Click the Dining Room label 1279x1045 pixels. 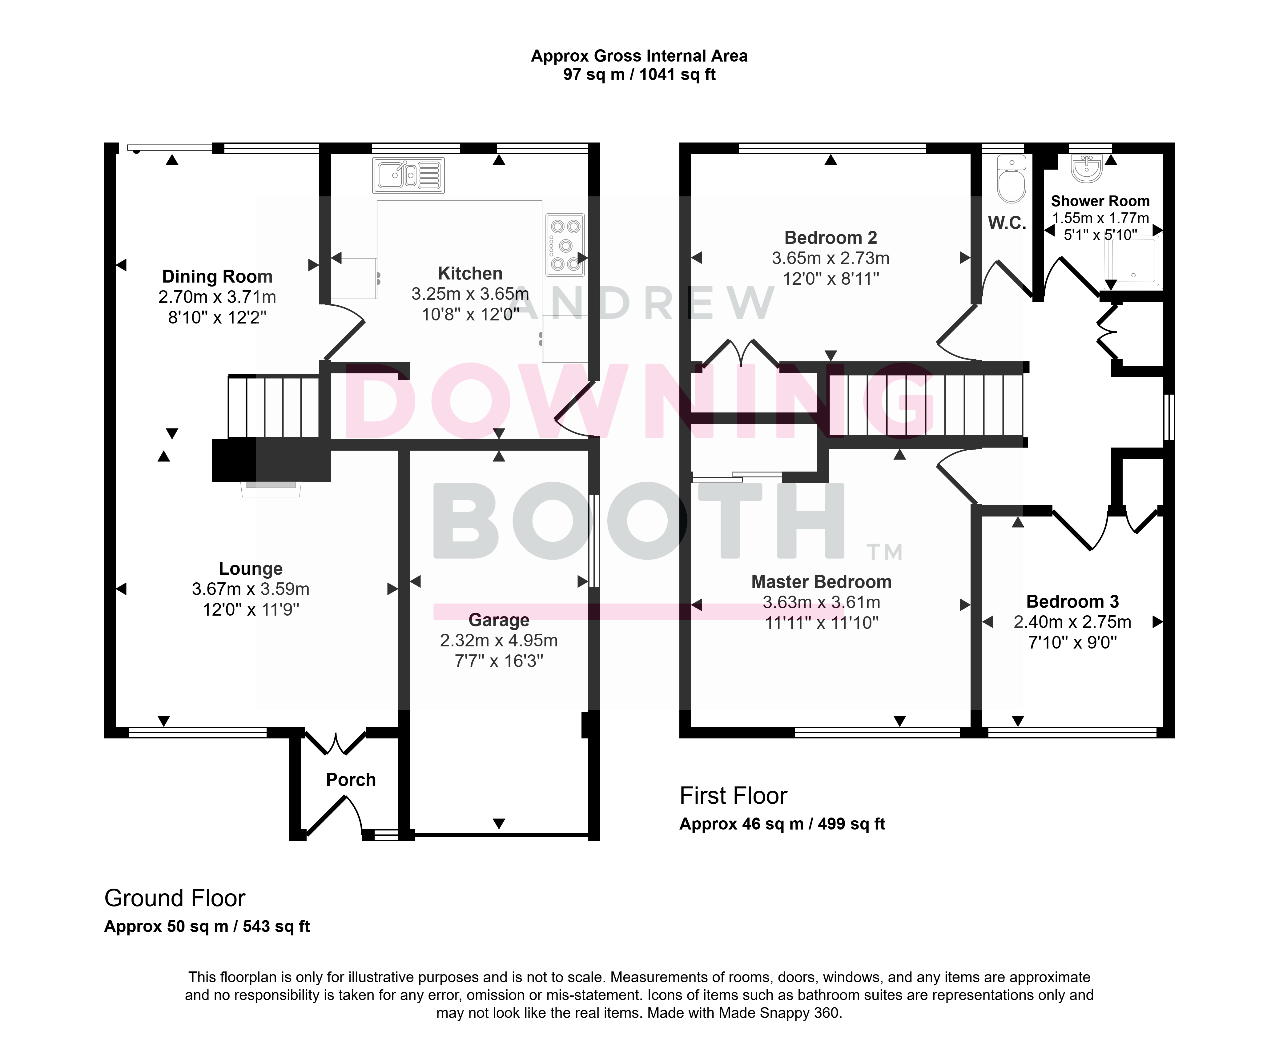click(217, 276)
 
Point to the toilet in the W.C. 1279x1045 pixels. click(1011, 179)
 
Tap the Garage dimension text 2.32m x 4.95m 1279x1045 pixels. click(499, 641)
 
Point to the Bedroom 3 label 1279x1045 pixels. click(1072, 601)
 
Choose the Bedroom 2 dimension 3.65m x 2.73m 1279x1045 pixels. click(831, 258)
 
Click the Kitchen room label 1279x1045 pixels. click(470, 273)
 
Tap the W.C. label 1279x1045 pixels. click(1007, 223)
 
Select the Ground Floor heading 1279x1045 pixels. click(175, 898)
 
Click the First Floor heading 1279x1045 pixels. click(733, 796)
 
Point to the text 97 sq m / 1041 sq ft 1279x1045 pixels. click(639, 74)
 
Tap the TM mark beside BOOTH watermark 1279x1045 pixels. click(884, 552)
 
